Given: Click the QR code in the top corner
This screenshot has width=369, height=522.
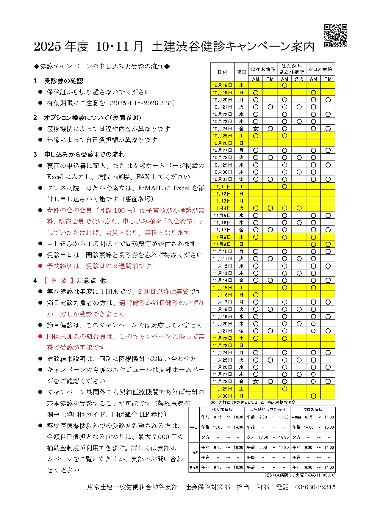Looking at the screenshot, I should pyautogui.click(x=335, y=36).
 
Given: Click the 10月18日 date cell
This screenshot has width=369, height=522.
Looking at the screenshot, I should pyautogui.click(x=222, y=85).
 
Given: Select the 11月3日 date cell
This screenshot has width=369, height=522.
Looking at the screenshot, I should pyautogui.click(x=222, y=201).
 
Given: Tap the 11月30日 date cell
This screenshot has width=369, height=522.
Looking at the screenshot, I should pyautogui.click(x=222, y=396).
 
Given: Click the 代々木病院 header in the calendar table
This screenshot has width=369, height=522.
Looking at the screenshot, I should pyautogui.click(x=263, y=69).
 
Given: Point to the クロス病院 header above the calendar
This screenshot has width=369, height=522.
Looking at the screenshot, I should pyautogui.click(x=320, y=69).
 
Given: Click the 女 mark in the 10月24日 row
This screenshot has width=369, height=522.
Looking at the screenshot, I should pyautogui.click(x=256, y=129).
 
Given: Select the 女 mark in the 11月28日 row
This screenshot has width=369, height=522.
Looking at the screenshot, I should pyautogui.click(x=256, y=382).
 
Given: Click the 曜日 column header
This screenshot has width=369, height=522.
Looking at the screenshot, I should pyautogui.click(x=241, y=72).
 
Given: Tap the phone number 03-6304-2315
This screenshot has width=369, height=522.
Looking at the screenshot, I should pyautogui.click(x=315, y=487).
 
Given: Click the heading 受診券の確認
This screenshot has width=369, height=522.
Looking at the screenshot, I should pyautogui.click(x=64, y=81).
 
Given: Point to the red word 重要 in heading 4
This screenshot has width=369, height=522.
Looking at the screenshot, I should pyautogui.click(x=59, y=281).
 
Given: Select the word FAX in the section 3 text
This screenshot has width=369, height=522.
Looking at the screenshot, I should pyautogui.click(x=143, y=177).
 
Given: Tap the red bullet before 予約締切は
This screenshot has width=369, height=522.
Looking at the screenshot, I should pyautogui.click(x=40, y=266).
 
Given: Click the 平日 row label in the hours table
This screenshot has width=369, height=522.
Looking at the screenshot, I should pyautogui.click(x=194, y=427).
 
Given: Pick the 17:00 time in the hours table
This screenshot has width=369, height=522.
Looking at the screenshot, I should pyautogui.click(x=263, y=438).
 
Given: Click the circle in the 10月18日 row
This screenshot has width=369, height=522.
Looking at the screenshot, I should pyautogui.click(x=285, y=85).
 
